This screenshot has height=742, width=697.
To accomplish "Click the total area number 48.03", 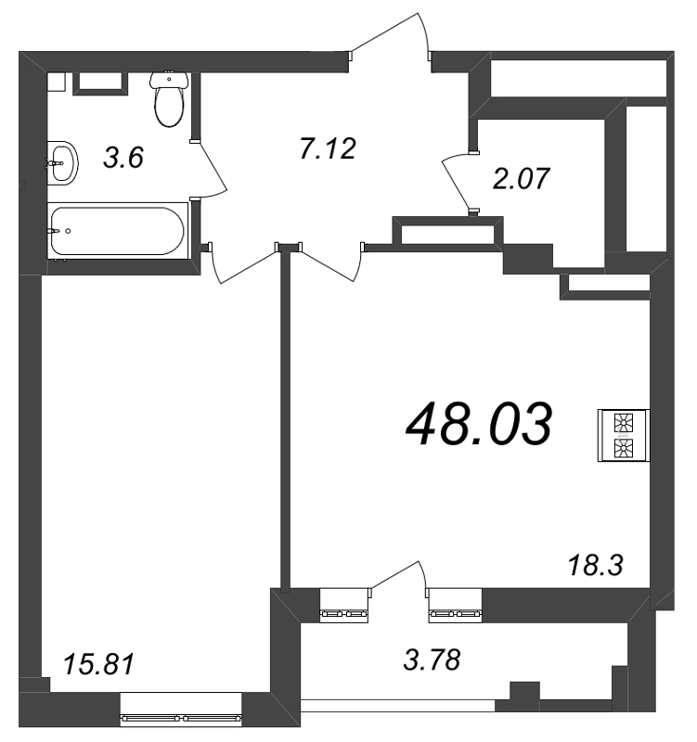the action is pos(479,424).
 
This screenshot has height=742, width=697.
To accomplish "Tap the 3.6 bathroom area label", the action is pos(123,157).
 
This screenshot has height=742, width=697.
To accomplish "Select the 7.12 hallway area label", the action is pos(328,148).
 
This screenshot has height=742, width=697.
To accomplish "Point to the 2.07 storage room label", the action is pos(521,178).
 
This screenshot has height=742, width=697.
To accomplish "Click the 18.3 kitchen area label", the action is pos(595,565).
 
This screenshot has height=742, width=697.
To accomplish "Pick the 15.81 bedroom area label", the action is pos(99,664).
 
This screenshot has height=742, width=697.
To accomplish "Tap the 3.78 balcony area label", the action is pos(432,659).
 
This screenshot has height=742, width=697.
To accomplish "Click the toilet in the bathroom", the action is pos(169,98).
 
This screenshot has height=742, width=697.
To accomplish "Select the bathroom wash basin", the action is pos(62,163).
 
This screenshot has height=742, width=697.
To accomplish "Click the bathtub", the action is pos(118,231).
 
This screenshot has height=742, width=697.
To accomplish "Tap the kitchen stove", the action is pos(624,435).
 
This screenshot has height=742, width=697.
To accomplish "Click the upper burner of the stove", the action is pos(623,422).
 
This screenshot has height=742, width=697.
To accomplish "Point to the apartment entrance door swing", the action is pos(389,33).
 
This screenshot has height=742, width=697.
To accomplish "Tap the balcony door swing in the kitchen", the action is pos(399,575).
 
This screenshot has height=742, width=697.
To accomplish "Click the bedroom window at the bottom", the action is pos(181,709).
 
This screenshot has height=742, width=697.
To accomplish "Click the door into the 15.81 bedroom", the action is pos(241,263).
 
